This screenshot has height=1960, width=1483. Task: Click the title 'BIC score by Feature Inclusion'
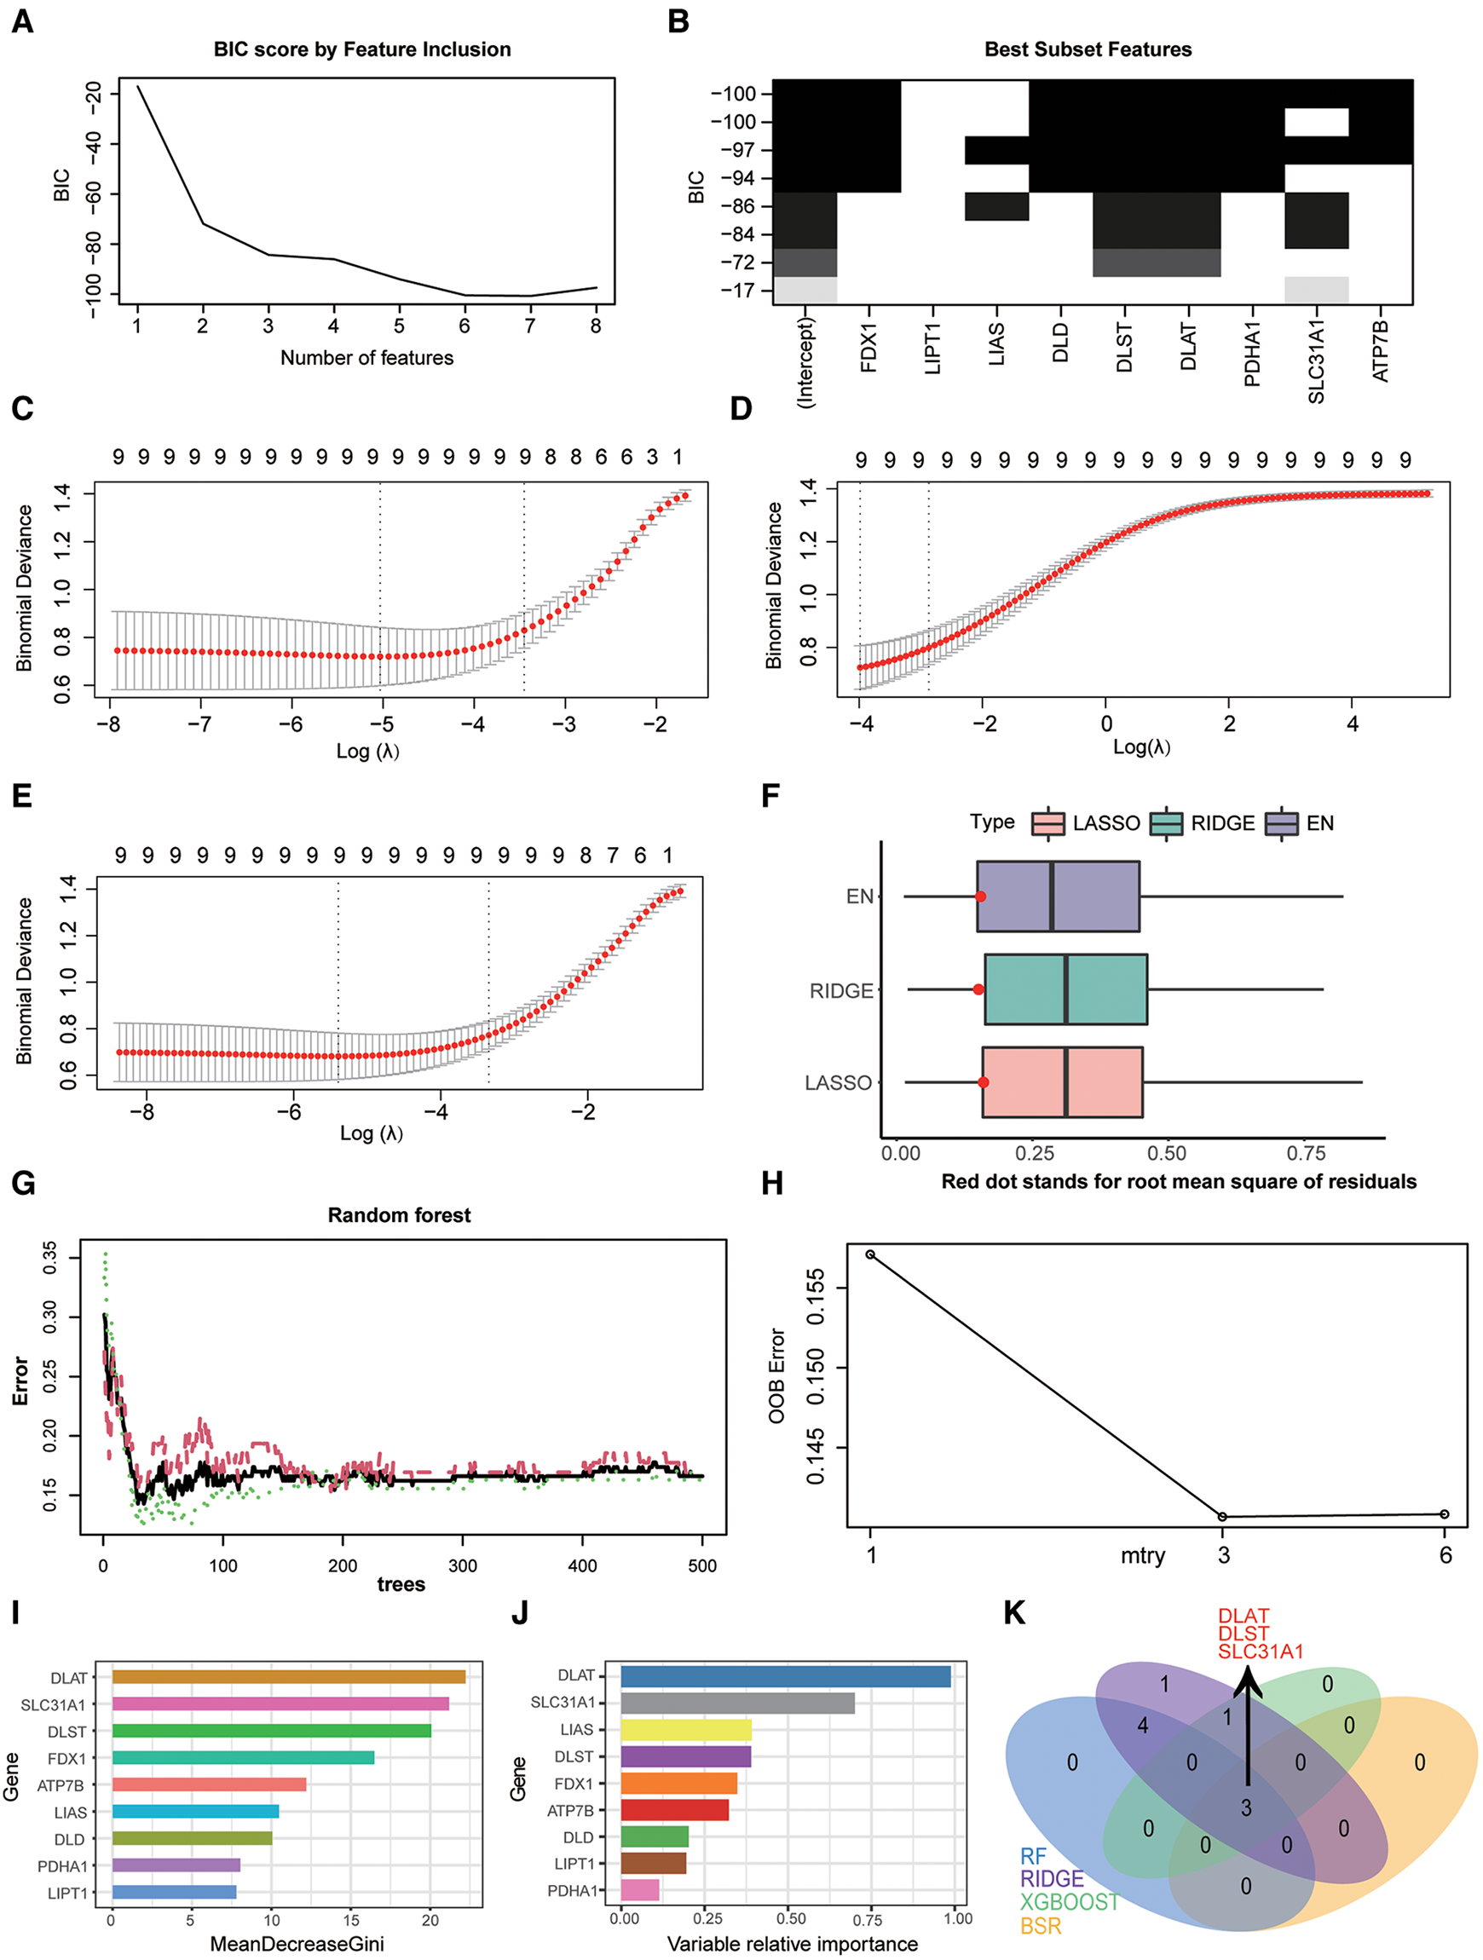[x=361, y=49]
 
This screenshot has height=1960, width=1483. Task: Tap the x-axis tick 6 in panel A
[x=465, y=326]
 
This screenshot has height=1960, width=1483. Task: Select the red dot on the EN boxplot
[x=980, y=896]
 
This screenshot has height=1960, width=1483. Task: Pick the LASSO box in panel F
[x=1062, y=1082]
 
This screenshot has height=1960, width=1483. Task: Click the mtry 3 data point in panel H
[x=1222, y=1517]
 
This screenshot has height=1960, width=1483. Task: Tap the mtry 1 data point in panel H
[x=870, y=1254]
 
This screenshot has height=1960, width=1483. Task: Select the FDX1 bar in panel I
[x=243, y=1758]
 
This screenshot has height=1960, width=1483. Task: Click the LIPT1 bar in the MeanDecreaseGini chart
[x=174, y=1893]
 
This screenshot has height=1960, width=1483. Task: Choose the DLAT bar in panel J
[x=785, y=1676]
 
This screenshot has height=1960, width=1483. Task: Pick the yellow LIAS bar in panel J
[x=685, y=1730]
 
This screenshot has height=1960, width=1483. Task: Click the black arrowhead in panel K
[x=1248, y=1679]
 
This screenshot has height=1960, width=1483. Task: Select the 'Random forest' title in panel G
[x=399, y=1215]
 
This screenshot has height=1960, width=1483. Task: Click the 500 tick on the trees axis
[x=702, y=1565]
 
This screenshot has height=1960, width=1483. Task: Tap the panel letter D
[x=740, y=408]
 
